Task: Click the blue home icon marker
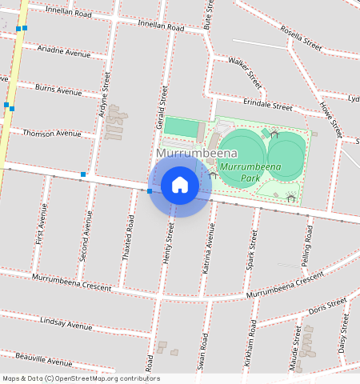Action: click(x=180, y=186)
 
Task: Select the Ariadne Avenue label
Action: click(x=64, y=51)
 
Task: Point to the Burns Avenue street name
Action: click(x=58, y=90)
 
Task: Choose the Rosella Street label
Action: click(x=302, y=38)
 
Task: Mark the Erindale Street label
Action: click(x=268, y=105)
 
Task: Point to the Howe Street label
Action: click(x=330, y=119)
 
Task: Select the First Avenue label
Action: click(x=41, y=224)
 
